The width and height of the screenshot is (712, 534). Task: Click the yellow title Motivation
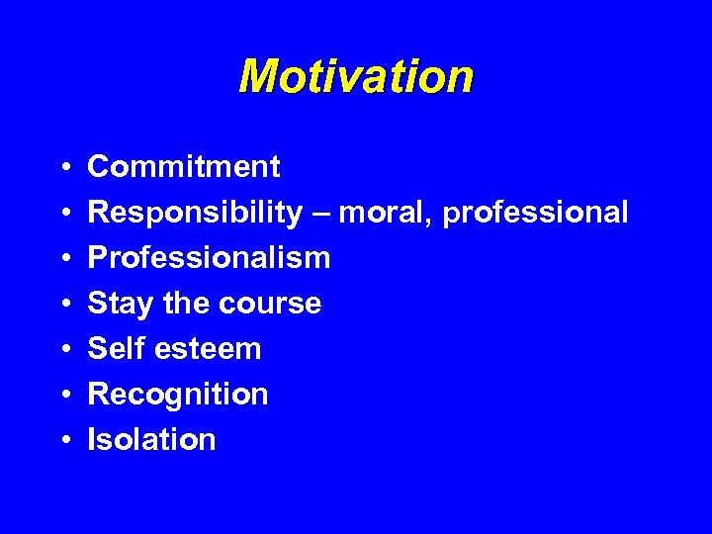356,76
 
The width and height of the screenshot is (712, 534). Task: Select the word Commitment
184,167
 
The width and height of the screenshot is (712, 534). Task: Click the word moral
385,213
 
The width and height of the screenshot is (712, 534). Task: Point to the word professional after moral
535,213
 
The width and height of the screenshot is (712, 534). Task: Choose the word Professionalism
209,258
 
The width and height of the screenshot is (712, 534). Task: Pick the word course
273,304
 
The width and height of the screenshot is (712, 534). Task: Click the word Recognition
178,394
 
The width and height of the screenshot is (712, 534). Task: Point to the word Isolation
151,439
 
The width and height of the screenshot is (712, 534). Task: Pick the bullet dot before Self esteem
62,349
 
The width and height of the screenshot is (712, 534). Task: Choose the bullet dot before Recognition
62,395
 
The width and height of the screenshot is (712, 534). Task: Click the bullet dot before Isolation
62,440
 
